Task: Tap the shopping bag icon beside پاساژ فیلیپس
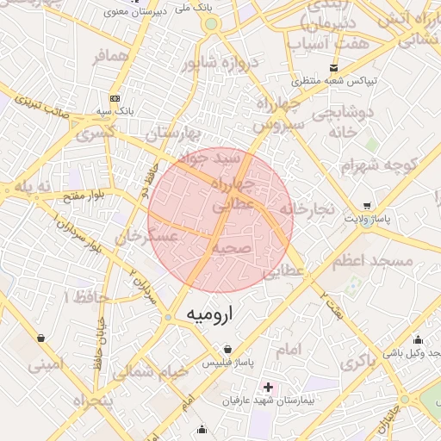tap(227, 350)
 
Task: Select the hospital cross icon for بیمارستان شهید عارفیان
tap(269, 388)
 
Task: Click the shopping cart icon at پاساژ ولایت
tap(369, 206)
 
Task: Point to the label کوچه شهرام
tap(378, 165)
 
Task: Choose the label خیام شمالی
tap(149, 371)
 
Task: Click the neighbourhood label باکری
tap(359, 363)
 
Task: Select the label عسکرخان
tap(147, 234)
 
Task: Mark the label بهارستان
tap(172, 134)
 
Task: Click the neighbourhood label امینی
tap(46, 364)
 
